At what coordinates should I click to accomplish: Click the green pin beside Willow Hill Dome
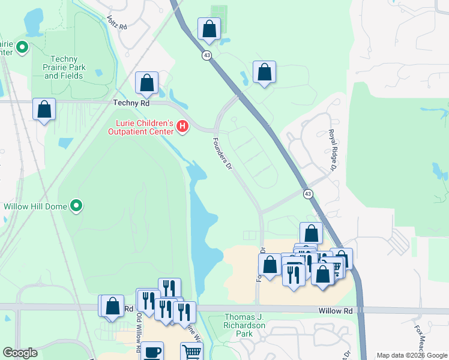pos(76,206)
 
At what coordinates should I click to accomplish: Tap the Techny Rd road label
pos(131,103)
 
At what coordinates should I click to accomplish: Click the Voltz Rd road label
pos(118,23)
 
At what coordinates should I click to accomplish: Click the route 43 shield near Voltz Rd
pos(206,55)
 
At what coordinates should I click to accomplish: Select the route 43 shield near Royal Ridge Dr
pos(307,194)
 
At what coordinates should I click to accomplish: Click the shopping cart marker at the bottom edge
pos(191,352)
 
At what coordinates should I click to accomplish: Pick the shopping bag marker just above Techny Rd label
pos(146,83)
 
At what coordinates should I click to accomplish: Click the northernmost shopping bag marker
pos(209,28)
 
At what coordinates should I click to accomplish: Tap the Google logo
pos(20,353)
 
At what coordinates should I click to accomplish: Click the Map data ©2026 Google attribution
pos(411,355)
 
